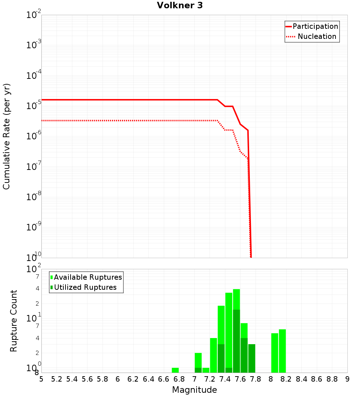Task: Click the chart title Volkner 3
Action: click(180, 5)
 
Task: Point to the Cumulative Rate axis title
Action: click(6, 136)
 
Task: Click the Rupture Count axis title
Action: click(14, 320)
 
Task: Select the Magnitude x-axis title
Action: click(194, 390)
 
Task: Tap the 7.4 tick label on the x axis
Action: click(225, 379)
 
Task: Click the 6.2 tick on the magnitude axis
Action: click(133, 379)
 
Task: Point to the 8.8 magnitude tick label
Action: click(332, 379)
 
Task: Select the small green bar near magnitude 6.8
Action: click(175, 370)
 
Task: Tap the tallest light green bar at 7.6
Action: click(237, 299)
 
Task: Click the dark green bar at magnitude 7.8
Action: click(252, 358)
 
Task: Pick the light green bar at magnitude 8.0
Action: click(275, 353)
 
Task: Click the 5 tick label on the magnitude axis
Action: click(41, 379)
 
